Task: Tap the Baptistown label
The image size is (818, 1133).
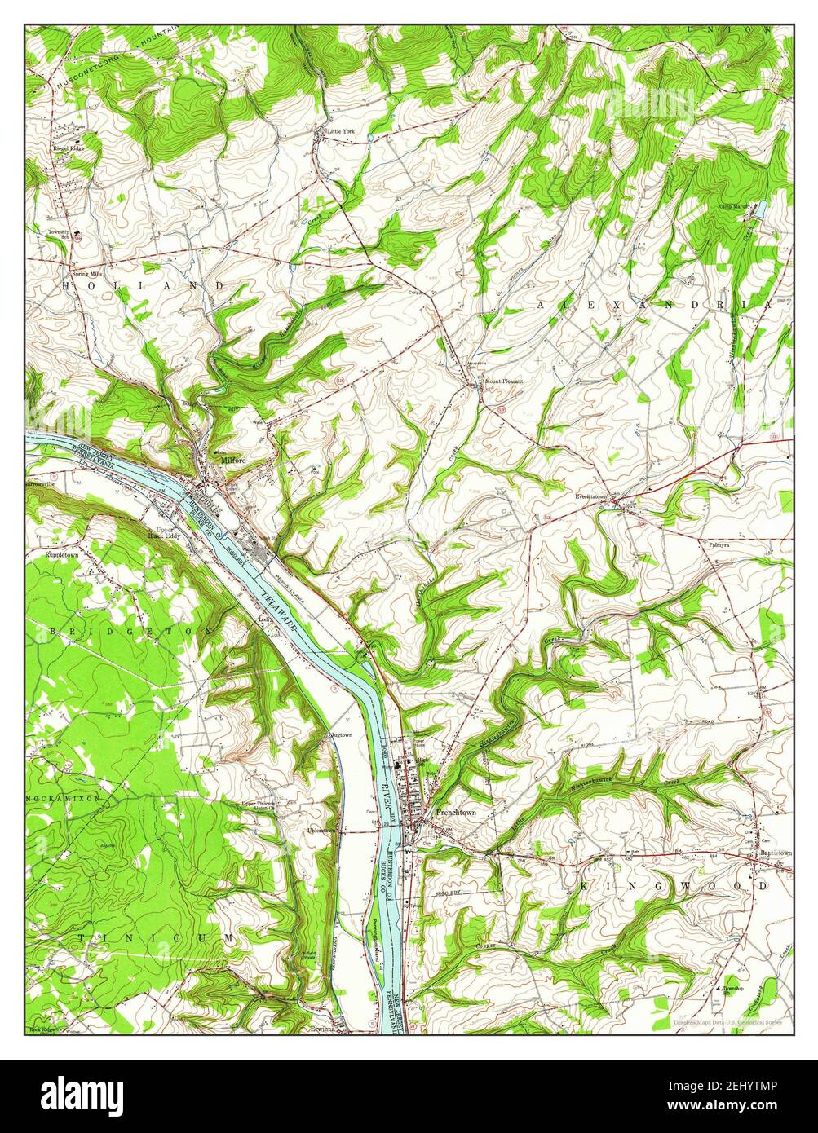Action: click(x=775, y=853)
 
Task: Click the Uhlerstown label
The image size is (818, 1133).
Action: click(x=298, y=831)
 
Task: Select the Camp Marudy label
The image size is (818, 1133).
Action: click(x=734, y=206)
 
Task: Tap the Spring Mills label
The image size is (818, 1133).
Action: click(x=85, y=274)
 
